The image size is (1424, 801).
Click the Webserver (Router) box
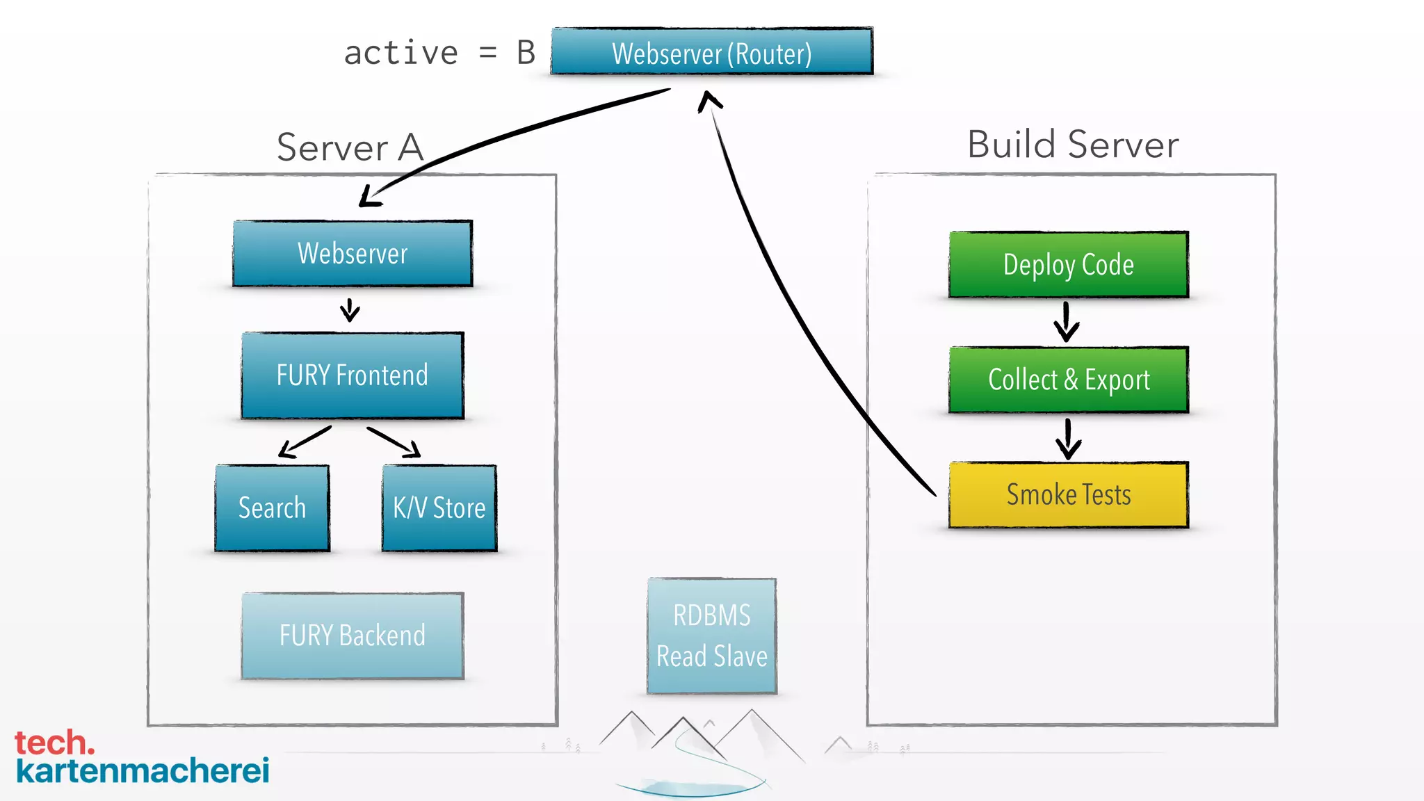pyautogui.click(x=711, y=52)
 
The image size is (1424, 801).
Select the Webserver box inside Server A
pyautogui.click(x=353, y=254)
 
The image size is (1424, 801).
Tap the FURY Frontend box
pyautogui.click(x=353, y=375)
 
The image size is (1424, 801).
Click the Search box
pyautogui.click(x=272, y=508)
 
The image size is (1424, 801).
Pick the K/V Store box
pyautogui.click(x=439, y=508)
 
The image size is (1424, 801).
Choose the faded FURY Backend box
pyautogui.click(x=353, y=636)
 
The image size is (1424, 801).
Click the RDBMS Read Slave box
pyautogui.click(x=711, y=636)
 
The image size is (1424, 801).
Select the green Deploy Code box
pyautogui.click(x=1068, y=265)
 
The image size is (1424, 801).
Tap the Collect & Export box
pyautogui.click(x=1068, y=380)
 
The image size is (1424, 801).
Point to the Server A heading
pyautogui.click(x=350, y=147)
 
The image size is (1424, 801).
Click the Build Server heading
pyautogui.click(x=1073, y=145)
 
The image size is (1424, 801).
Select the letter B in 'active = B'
pyautogui.click(x=526, y=54)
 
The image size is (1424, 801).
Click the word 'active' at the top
pyautogui.click(x=401, y=54)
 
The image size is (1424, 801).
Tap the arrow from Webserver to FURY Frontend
pyautogui.click(x=350, y=310)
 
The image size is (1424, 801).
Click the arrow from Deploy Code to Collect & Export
pyautogui.click(x=1066, y=322)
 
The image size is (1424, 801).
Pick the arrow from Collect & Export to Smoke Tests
pyautogui.click(x=1068, y=438)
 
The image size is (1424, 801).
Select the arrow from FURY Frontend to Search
pyautogui.click(x=304, y=442)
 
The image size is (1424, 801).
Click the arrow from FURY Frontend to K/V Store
pyautogui.click(x=394, y=442)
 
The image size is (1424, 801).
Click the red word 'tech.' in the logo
pyautogui.click(x=54, y=743)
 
